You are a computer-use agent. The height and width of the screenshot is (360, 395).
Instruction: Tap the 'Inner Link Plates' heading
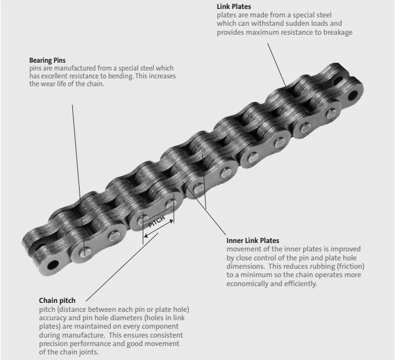click(253, 241)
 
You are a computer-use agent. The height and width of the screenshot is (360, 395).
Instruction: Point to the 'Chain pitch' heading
click(57, 301)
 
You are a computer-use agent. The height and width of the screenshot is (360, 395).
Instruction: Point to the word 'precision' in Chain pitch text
click(55, 344)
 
